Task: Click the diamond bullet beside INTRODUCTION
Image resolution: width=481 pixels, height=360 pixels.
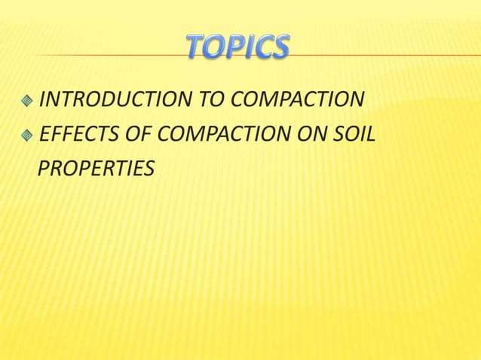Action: point(28,100)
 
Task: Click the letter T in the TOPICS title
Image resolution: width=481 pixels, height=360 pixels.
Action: point(195,48)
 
